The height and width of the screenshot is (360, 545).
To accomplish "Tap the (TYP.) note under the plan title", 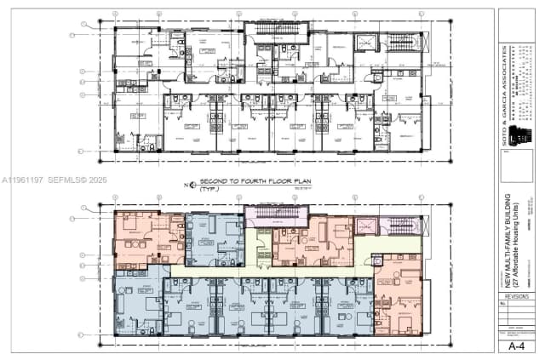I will click(x=209, y=189).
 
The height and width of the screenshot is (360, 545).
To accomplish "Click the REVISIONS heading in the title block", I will click(x=516, y=295).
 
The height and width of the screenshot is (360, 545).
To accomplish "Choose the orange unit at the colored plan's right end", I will click(x=397, y=294).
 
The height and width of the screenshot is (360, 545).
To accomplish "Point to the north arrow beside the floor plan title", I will click(x=186, y=183).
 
